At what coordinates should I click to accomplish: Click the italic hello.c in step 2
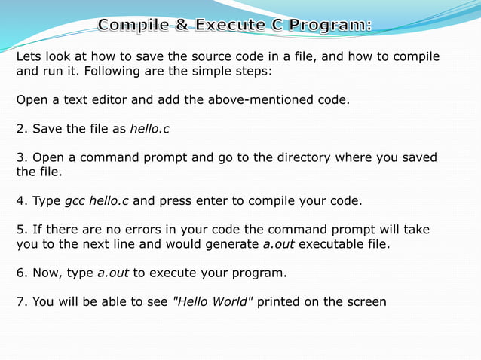149,129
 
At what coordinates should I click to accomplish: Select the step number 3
21,158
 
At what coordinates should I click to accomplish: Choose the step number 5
21,230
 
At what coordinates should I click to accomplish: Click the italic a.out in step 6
113,273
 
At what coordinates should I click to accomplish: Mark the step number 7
21,302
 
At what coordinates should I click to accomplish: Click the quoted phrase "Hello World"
213,302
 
